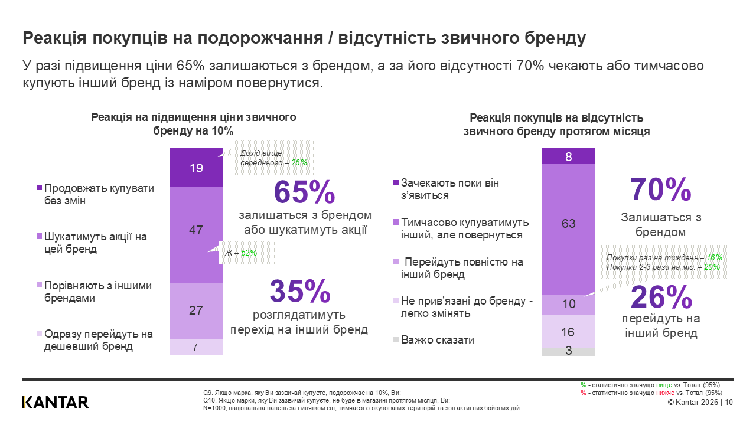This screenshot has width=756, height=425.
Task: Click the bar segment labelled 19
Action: click(196, 168)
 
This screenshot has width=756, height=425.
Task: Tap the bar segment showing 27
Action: click(196, 310)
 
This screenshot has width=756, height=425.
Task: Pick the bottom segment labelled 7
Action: click(196, 347)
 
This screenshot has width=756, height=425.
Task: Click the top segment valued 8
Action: click(568, 156)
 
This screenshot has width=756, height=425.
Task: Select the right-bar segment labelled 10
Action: click(568, 305)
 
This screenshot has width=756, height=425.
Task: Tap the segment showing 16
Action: click(568, 331)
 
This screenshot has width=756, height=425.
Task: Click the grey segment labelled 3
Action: click(568, 351)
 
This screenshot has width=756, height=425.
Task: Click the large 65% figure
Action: click(305, 192)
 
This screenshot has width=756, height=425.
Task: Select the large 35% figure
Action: click(300, 291)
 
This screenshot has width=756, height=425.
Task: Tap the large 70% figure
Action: click(661, 190)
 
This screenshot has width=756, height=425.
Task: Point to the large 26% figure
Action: click(661, 297)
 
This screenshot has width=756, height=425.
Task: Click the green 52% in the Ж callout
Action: click(249, 253)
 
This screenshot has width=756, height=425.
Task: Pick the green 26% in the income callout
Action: click(299, 162)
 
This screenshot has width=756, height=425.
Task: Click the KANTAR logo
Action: click(56, 403)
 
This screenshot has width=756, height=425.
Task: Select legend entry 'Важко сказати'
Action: click(437, 340)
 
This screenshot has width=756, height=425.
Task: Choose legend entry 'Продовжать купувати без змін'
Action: click(99, 194)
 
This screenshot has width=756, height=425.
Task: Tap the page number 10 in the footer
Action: click(728, 403)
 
